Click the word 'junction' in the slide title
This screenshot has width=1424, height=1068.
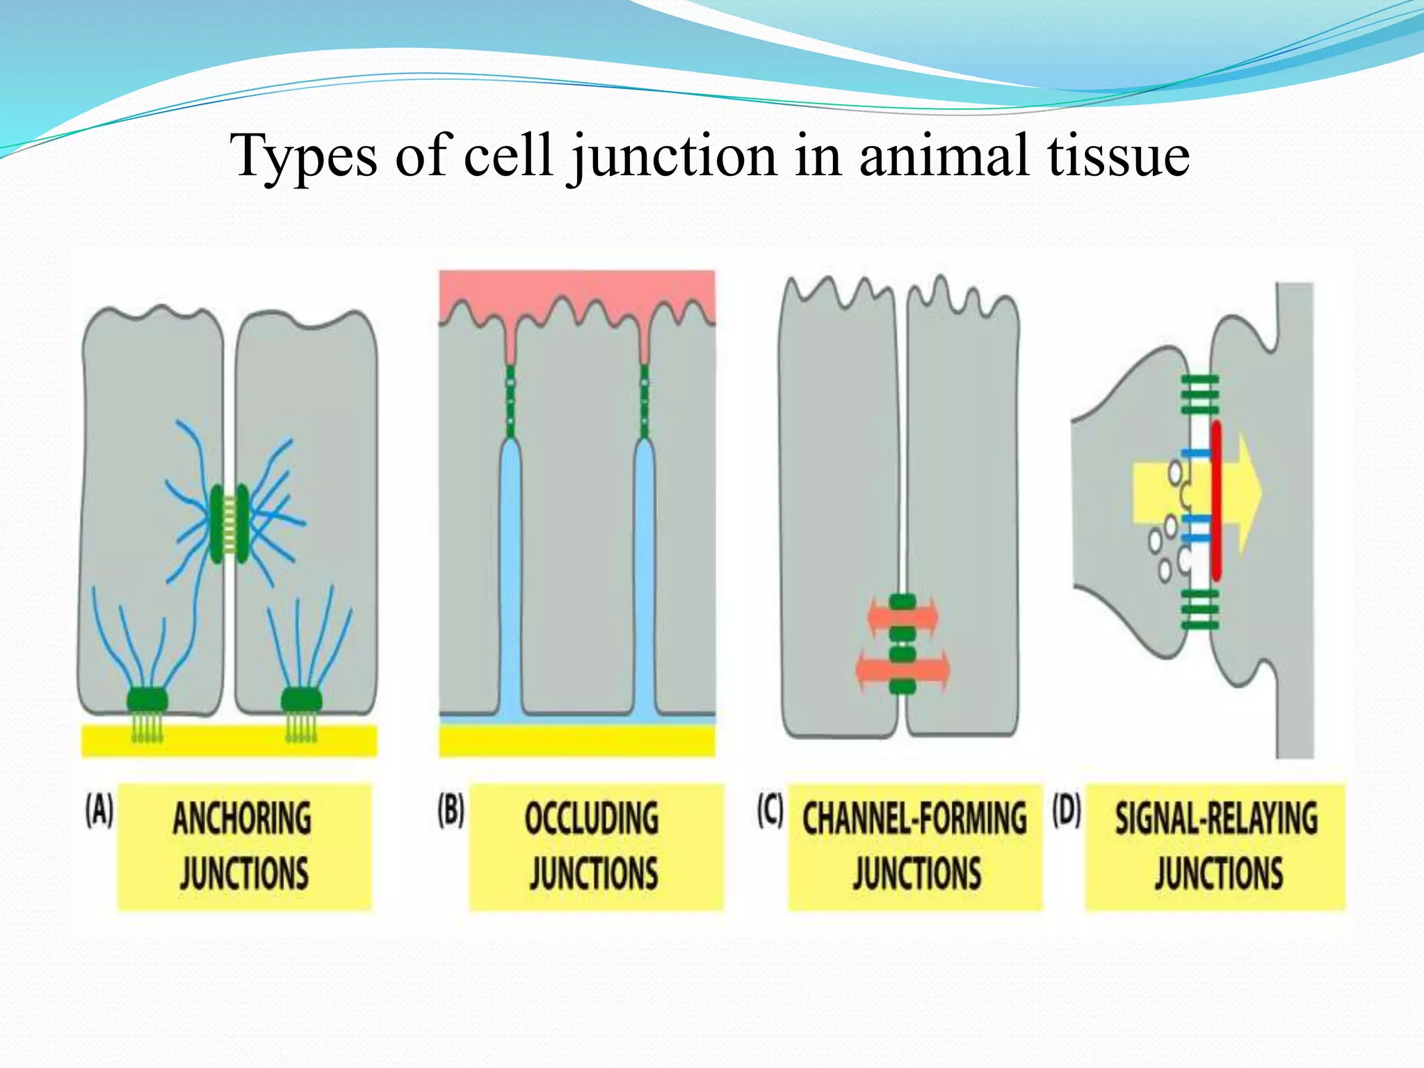[673, 157]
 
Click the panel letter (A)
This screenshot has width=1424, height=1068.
[99, 811]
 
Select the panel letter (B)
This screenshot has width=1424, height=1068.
[451, 811]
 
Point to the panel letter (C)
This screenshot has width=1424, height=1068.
[770, 811]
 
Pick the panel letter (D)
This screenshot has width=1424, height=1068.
[1067, 811]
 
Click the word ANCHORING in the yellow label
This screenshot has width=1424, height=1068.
[242, 818]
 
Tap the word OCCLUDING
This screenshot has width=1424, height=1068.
[592, 818]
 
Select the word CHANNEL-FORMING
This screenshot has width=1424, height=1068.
[914, 818]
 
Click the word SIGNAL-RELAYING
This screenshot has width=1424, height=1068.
[1216, 818]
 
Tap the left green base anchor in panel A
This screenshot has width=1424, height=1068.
[147, 699]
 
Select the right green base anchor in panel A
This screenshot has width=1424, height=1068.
[301, 699]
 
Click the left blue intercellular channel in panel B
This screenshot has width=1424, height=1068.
[510, 577]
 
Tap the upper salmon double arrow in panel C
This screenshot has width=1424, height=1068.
[903, 616]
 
